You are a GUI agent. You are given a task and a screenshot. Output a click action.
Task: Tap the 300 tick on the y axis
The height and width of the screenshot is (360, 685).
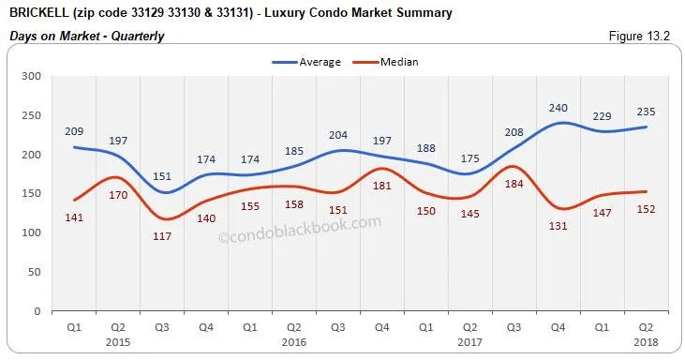(30, 76)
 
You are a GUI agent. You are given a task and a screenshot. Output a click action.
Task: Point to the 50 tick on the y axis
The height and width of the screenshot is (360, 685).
(33, 272)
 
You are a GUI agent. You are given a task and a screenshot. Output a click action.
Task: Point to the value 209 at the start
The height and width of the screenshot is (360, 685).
(74, 131)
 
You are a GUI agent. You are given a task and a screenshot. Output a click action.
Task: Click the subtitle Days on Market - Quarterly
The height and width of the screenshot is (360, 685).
(86, 37)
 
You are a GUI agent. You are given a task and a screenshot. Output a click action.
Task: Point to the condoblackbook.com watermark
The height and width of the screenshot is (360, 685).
(300, 231)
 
